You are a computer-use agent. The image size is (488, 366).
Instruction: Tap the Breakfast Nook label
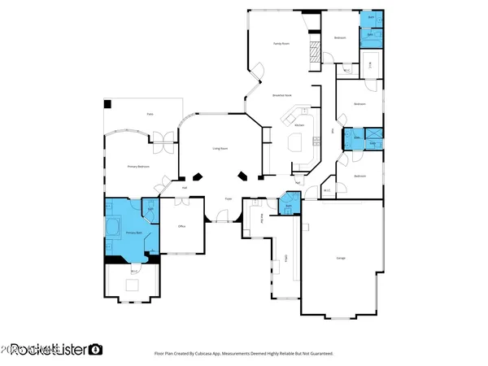coord(283,95)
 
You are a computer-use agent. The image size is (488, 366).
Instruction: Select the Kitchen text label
coord(299,125)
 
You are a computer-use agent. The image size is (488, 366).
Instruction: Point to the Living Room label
coord(220,148)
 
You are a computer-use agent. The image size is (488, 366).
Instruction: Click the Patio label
coord(150,115)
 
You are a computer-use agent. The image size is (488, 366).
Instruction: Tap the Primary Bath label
coord(133,233)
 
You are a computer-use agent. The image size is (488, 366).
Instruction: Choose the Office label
coord(182,226)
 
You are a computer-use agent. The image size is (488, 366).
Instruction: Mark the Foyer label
coord(229,198)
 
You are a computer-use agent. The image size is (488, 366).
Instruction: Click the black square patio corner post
coord(107,104)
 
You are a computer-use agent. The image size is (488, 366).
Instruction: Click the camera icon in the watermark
coord(96,349)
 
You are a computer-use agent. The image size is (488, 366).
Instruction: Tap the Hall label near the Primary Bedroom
coord(185,188)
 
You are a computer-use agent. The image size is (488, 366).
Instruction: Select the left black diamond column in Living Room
coord(198,176)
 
